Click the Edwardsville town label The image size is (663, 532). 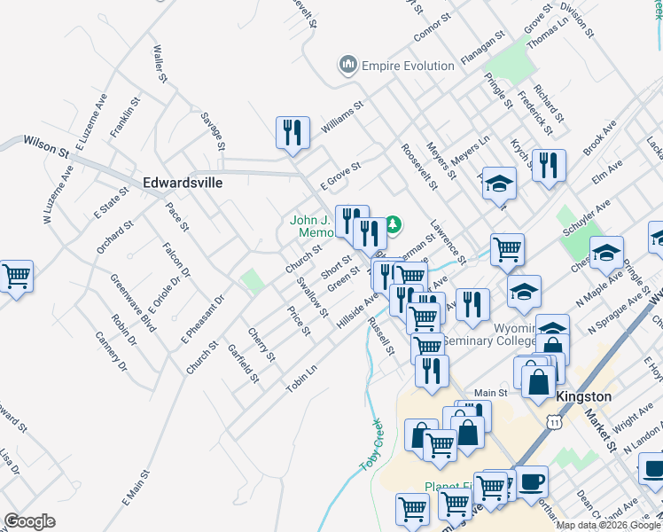(x=182, y=183)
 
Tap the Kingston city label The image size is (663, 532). (x=583, y=397)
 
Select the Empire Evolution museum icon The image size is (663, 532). (x=347, y=65)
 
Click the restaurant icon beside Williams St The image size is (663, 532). (x=292, y=133)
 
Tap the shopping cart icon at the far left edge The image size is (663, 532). (x=16, y=277)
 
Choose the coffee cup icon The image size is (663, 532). (x=532, y=481)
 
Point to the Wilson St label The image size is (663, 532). (x=47, y=144)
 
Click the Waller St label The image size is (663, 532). (x=160, y=65)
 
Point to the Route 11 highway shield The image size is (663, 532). (x=554, y=425)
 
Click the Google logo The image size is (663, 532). (x=29, y=521)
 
